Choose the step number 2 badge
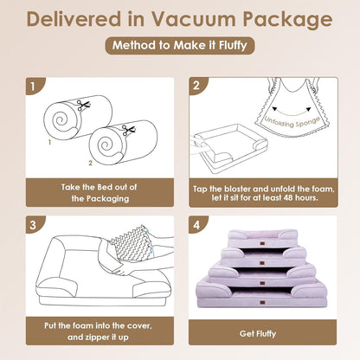[x=197, y=87]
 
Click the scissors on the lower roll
[x=127, y=131]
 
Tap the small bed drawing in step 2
[x=228, y=147]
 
